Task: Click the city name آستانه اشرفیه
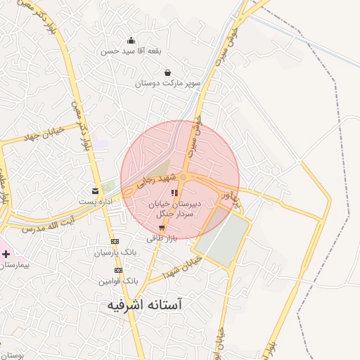click(x=146, y=305)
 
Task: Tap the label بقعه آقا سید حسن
click(x=131, y=51)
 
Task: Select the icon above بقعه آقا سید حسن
click(x=131, y=40)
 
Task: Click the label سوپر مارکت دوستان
click(x=169, y=84)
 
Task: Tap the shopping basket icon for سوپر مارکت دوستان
click(x=167, y=72)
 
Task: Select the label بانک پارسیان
click(x=115, y=252)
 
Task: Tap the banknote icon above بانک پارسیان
click(x=115, y=241)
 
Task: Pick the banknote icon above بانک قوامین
click(x=118, y=270)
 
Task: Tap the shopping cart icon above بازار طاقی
click(x=162, y=228)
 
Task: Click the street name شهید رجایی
click(x=153, y=182)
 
